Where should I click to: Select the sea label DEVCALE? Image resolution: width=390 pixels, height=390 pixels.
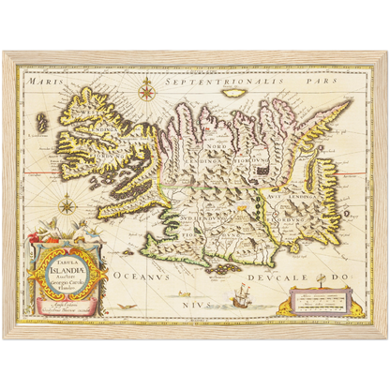287,277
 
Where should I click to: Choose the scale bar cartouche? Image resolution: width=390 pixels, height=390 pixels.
322,303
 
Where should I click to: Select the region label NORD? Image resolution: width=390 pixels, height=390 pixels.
217,145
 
